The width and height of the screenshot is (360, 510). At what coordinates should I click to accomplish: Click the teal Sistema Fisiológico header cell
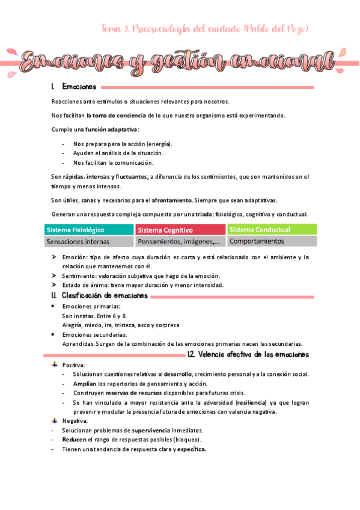[x=89, y=230]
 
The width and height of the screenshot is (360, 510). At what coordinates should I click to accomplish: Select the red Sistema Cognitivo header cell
[x=180, y=230]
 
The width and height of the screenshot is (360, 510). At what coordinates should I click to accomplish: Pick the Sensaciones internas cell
[x=89, y=242]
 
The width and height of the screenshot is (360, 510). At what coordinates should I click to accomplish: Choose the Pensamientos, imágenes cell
[x=180, y=242]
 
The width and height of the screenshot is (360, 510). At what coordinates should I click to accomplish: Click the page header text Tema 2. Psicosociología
[x=204, y=28]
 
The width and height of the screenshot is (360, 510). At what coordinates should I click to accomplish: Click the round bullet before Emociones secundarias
[x=55, y=334]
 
